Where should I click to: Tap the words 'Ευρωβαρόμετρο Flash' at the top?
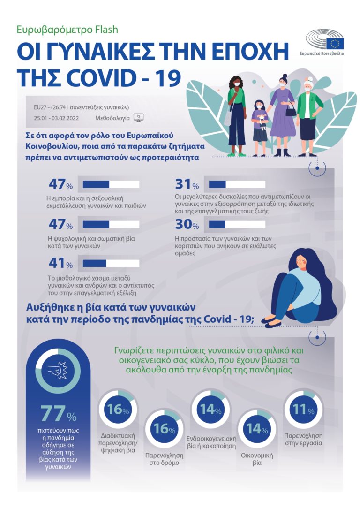pyautogui.click(x=67, y=30)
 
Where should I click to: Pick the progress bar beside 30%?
pyautogui.click(x=237, y=225)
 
